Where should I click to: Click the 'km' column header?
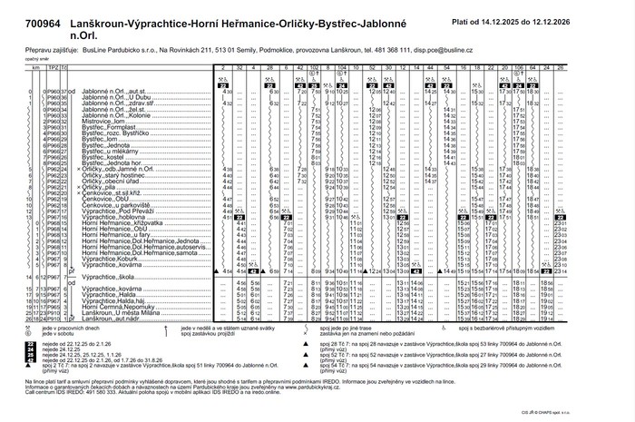35,68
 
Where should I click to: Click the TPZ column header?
54,68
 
